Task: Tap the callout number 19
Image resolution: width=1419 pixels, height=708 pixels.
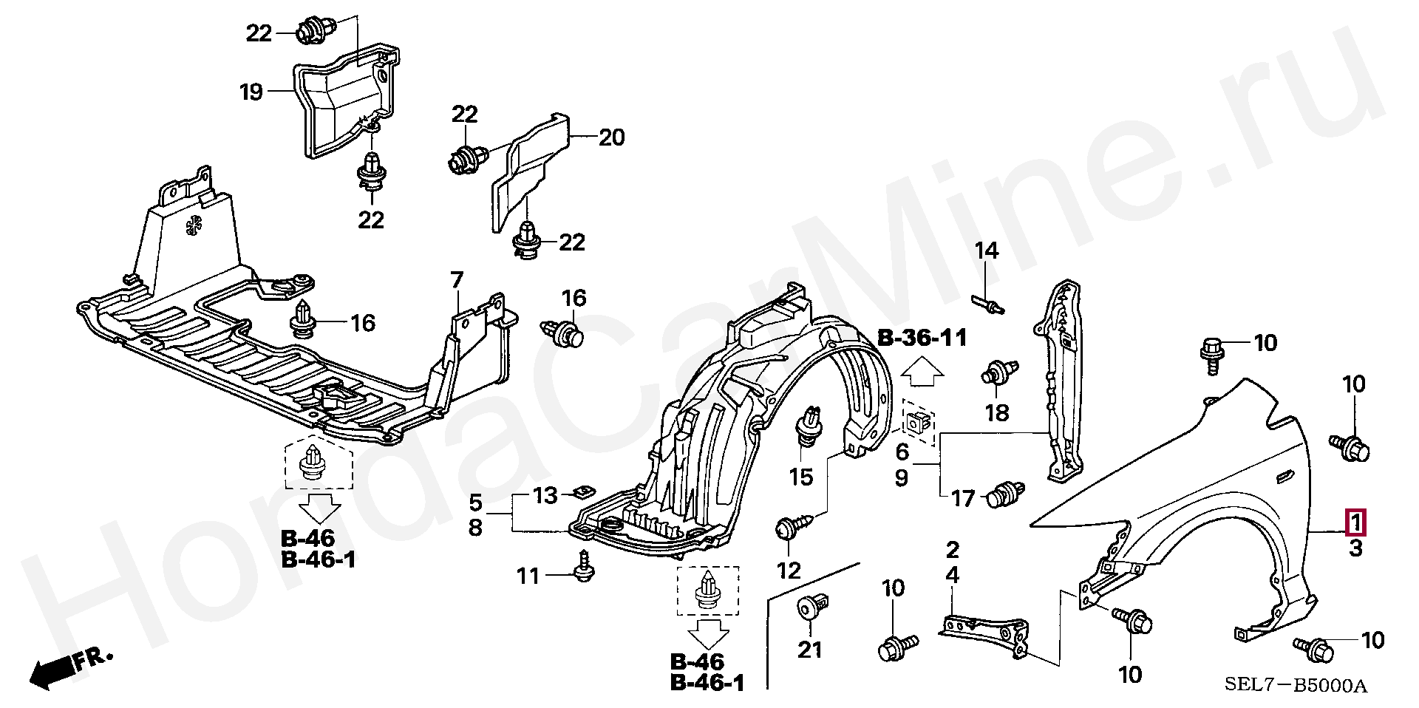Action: (x=251, y=92)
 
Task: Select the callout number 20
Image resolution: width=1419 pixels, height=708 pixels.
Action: (x=611, y=137)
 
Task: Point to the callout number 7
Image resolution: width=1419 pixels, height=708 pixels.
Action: (x=457, y=280)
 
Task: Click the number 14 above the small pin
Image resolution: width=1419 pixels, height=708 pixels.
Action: (x=986, y=251)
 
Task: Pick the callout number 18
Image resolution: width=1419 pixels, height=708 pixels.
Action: (x=997, y=412)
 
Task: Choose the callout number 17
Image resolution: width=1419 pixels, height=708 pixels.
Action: (x=963, y=500)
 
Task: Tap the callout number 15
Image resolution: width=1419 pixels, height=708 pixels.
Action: (x=801, y=477)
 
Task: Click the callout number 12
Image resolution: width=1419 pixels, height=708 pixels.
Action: (x=789, y=571)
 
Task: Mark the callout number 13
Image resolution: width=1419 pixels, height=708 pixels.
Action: (x=545, y=495)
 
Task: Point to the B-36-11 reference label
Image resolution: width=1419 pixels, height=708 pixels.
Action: (x=922, y=338)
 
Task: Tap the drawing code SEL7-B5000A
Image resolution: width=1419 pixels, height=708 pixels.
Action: (x=1296, y=685)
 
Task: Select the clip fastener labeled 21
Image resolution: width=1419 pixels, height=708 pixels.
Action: (x=810, y=609)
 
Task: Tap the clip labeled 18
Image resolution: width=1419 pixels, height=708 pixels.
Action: (x=1000, y=372)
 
